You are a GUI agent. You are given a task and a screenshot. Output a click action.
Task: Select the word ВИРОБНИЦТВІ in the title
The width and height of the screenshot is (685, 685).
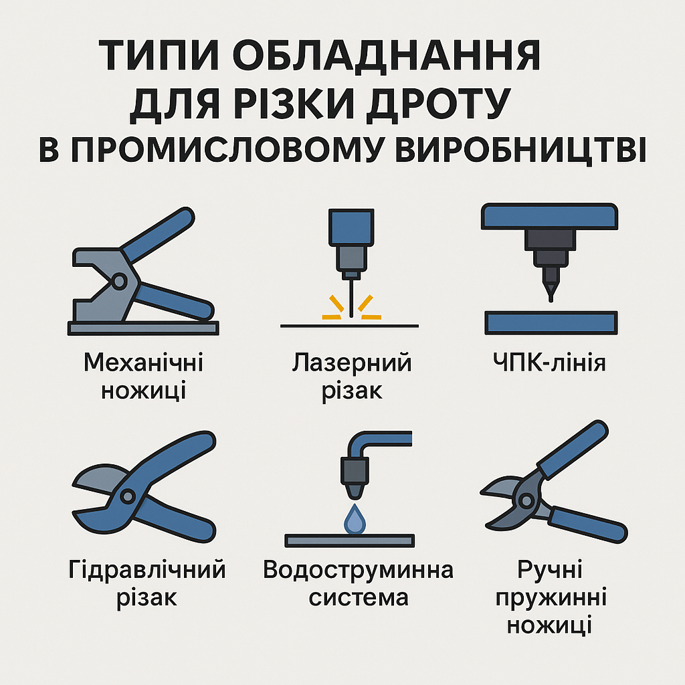coord(518,151)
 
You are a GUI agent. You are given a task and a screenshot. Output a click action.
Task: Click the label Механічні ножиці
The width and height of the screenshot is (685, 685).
coord(143,377)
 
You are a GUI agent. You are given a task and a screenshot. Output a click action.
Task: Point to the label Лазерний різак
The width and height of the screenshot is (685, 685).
coord(352,377)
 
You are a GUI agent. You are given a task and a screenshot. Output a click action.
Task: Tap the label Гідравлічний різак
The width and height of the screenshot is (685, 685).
coord(147,584)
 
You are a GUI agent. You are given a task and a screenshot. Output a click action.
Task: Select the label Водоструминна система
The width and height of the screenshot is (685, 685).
coord(358,584)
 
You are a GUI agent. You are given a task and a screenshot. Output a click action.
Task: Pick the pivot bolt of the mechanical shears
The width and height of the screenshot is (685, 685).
coord(119,282)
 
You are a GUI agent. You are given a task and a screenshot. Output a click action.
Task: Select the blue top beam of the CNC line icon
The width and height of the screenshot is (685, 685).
coord(549,217)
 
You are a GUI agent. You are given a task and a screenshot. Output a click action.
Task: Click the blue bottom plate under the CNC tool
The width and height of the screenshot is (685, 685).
coord(549,322)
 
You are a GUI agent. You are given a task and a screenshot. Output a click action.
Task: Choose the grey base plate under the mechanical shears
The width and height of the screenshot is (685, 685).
coord(143,328)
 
